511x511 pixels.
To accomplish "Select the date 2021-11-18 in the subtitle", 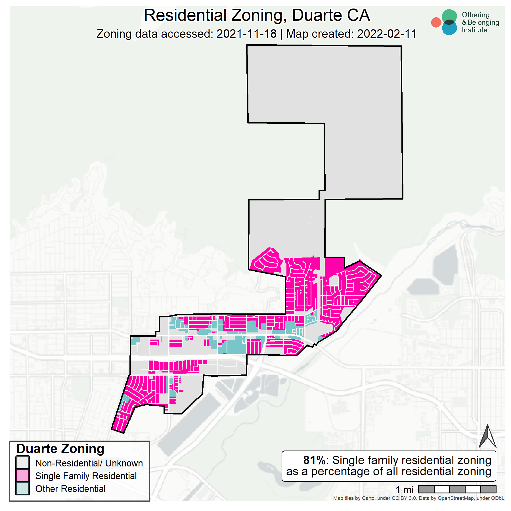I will coord(246,34).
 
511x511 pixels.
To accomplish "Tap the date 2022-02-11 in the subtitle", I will coord(387,34).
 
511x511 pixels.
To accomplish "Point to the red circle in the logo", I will coord(436,22).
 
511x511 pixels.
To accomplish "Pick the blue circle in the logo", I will coord(449,29).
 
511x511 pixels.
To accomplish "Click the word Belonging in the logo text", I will coord(483,22).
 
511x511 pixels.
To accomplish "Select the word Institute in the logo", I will coord(474,30).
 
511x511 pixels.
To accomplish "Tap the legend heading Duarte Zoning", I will coord(60,449).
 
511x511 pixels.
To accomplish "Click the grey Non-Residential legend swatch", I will coord(22,463).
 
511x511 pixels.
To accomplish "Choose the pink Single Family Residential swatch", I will coord(22,476).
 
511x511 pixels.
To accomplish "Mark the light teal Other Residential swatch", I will coord(22,488).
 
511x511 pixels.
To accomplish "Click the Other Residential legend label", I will coord(70,489).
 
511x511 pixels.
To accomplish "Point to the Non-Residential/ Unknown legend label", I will coord(89,463).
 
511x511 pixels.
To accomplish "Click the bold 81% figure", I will coord(314,460).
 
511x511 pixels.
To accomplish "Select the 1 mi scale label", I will coord(405,490).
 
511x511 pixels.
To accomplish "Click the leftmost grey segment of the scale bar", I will coord(426,489).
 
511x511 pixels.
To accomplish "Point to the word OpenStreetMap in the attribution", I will coord(455,498).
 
